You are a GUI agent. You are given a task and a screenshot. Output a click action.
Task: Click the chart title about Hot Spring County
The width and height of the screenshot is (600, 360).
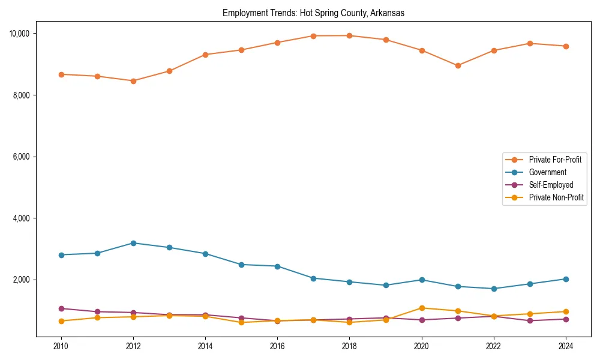(x=313, y=13)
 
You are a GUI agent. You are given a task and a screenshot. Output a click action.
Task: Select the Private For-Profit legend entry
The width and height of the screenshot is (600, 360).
(x=554, y=160)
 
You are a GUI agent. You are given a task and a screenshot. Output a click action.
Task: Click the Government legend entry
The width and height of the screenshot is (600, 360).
(x=547, y=172)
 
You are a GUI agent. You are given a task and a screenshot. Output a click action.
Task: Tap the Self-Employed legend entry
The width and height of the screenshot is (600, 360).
(x=551, y=185)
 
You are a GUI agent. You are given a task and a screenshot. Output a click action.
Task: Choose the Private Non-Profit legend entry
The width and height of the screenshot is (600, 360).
(x=556, y=197)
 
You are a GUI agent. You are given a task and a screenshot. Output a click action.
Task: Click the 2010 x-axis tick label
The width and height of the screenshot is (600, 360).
(x=61, y=346)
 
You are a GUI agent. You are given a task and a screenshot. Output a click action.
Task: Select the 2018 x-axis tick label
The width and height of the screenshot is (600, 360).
(x=349, y=346)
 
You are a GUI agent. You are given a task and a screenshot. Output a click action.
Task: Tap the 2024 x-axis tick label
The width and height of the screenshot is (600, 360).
(x=566, y=346)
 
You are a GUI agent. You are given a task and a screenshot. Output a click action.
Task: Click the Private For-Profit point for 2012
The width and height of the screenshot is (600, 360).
(x=133, y=81)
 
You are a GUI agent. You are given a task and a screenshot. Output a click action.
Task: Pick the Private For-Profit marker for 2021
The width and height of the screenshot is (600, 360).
(x=458, y=65)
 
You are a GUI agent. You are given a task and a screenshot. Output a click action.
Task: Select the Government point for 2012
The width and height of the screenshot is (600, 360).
(x=133, y=243)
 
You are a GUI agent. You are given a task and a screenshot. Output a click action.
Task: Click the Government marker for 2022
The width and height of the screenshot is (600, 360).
(x=494, y=289)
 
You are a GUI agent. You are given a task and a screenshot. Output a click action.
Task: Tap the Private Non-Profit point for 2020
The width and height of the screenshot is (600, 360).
(x=422, y=308)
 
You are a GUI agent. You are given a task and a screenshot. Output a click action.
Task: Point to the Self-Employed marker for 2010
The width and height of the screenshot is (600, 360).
(x=61, y=308)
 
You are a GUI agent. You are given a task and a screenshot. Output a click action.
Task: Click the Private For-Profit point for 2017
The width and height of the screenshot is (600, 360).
(x=313, y=36)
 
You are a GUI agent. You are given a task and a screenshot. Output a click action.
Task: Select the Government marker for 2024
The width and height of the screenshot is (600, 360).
(x=566, y=279)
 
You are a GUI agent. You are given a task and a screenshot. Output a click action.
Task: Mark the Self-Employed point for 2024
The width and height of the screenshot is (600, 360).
(x=566, y=319)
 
